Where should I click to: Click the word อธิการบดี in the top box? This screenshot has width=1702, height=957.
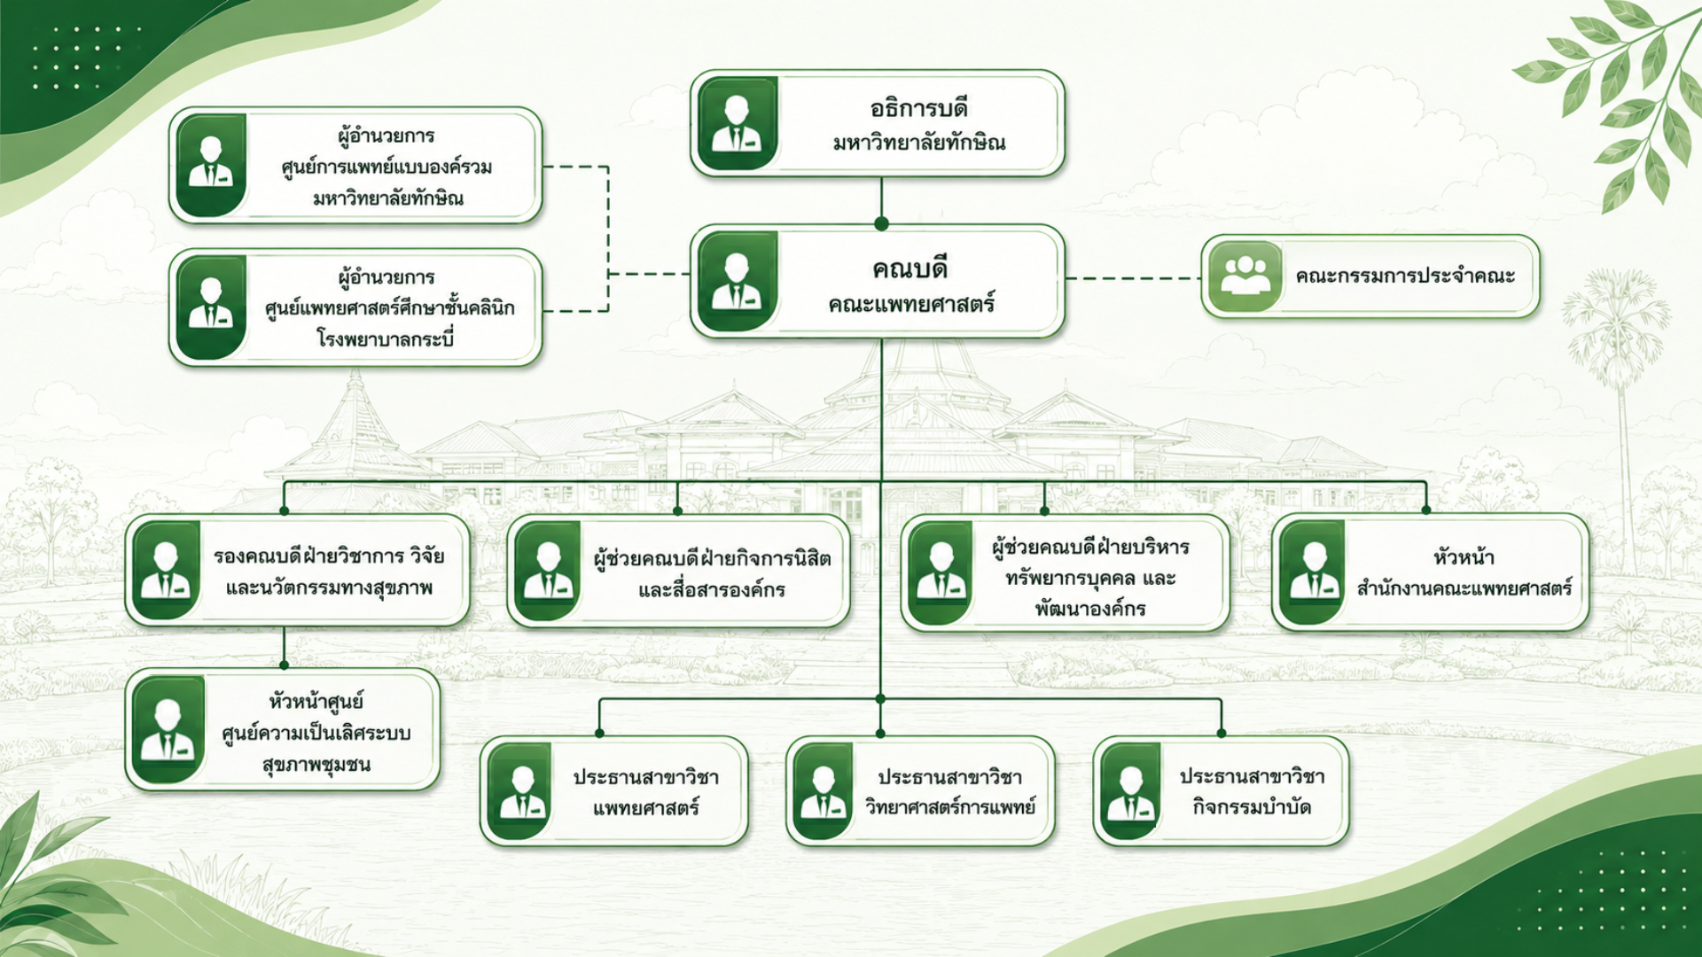918,108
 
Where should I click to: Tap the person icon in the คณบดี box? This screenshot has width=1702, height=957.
737,281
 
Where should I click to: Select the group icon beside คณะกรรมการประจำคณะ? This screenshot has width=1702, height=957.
1245,276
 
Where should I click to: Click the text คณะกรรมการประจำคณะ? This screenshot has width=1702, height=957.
1405,276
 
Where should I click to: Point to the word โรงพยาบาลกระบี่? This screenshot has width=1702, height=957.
386,338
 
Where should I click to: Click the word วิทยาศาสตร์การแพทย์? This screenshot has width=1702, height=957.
950,807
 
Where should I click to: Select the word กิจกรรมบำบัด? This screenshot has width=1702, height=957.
1252,807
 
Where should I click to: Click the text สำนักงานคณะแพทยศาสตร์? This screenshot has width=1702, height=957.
1464,587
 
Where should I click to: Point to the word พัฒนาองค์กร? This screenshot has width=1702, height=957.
1090,609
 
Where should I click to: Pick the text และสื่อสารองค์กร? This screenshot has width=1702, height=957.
712,589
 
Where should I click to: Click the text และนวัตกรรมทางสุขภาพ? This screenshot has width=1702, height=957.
329,587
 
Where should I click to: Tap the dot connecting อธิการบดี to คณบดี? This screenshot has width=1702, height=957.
881,223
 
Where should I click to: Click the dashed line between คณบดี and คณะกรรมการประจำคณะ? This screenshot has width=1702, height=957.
1133,278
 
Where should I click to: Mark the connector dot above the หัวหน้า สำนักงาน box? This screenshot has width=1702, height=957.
1426,510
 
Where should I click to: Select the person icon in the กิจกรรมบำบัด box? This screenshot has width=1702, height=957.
1131,791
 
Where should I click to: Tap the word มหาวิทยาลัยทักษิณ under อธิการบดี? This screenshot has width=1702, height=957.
918,143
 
